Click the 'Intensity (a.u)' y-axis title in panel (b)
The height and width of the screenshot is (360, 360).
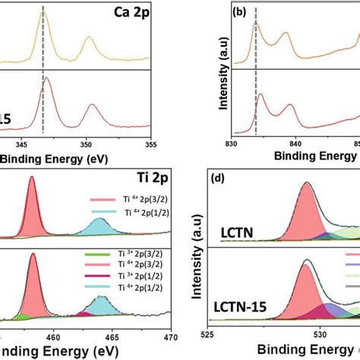point(223,72)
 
